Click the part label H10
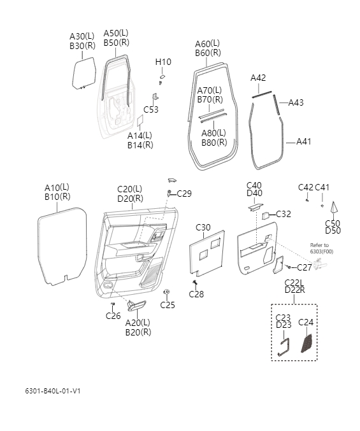(x=163, y=62)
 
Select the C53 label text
(x=151, y=110)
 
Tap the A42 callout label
(x=258, y=78)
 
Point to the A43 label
(x=296, y=102)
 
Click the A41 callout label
(x=303, y=141)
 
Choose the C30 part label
(x=203, y=227)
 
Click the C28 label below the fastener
(x=196, y=294)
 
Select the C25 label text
(x=167, y=305)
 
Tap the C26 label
(x=113, y=316)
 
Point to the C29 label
(x=184, y=194)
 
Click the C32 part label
(x=283, y=214)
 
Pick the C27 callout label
(x=305, y=267)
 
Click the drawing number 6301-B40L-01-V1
(x=53, y=390)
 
